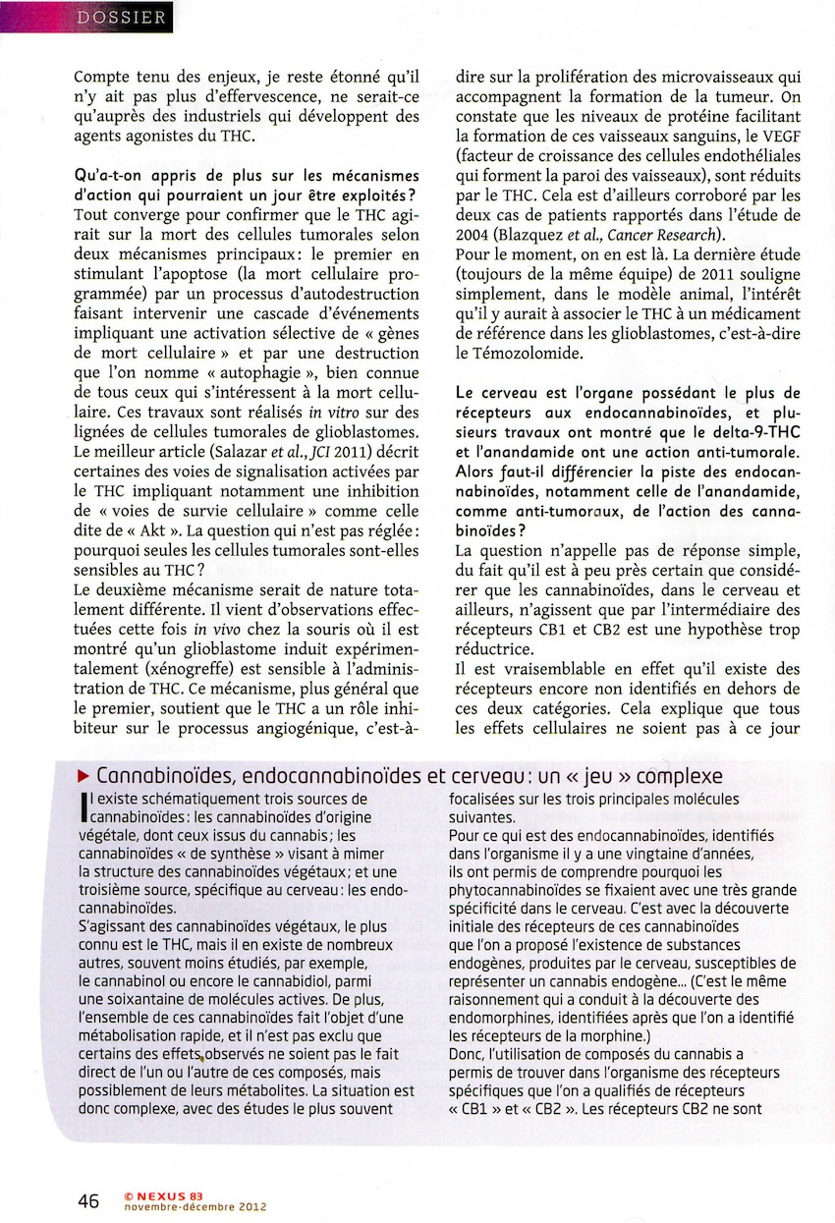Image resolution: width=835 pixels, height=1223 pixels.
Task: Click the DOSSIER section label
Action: point(123,17)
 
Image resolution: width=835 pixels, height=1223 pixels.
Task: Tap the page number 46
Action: point(89,1200)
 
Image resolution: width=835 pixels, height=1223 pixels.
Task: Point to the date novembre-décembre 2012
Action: point(195,1207)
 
